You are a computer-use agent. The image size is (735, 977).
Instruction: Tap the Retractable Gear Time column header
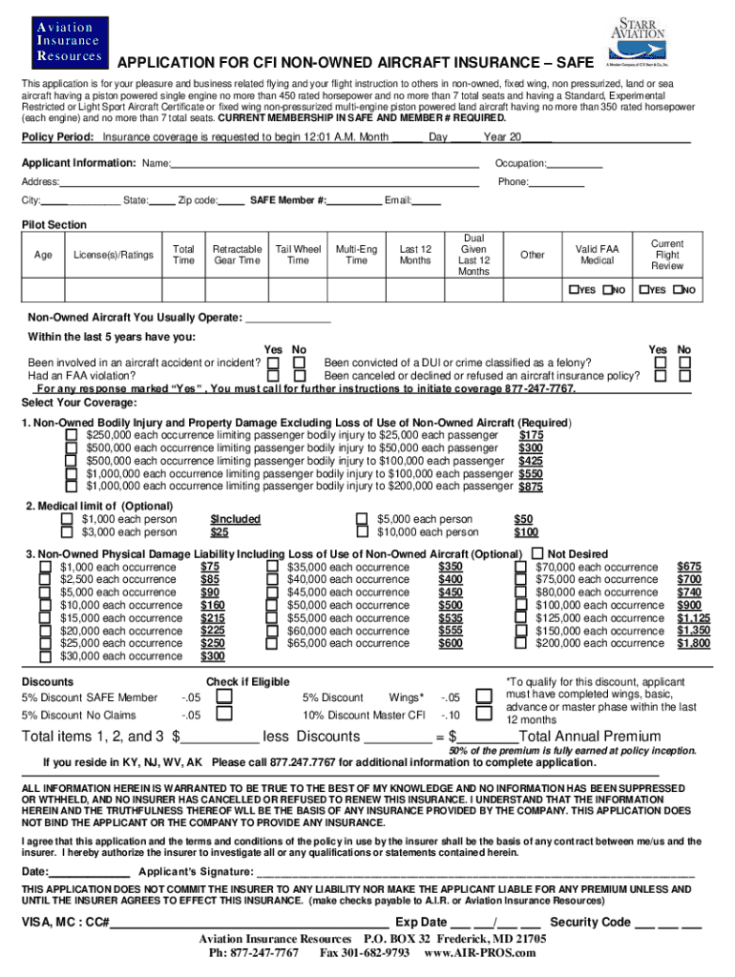tap(237, 255)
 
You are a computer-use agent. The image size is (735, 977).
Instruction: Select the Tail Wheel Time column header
tap(298, 255)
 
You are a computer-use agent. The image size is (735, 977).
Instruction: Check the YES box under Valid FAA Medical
tap(573, 290)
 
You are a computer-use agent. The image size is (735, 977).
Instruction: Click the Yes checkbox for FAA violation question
tap(274, 376)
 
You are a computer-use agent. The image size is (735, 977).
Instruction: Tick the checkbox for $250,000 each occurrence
tap(71, 435)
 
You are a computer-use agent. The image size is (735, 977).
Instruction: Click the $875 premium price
tap(531, 487)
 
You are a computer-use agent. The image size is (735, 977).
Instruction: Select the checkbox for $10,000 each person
tap(362, 532)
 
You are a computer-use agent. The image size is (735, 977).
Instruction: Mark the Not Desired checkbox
tap(539, 553)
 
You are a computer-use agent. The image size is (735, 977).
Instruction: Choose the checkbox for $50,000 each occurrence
tap(272, 605)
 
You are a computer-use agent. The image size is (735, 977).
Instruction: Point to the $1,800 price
tap(693, 644)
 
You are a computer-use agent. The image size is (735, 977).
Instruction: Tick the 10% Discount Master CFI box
tap(477, 715)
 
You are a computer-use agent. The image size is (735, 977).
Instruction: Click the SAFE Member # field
tap(354, 200)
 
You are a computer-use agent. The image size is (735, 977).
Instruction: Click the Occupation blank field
tap(575, 164)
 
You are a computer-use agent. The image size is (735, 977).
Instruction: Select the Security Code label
tap(591, 922)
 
